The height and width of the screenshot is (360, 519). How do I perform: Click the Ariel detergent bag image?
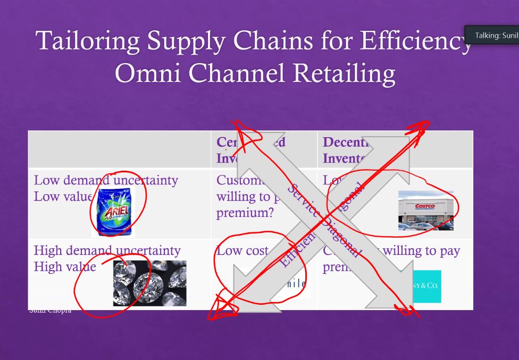(113, 212)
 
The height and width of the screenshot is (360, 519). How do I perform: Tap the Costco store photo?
(425, 211)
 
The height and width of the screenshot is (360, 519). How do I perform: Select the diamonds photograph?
(149, 283)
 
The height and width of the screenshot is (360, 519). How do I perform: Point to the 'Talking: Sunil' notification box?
(491, 35)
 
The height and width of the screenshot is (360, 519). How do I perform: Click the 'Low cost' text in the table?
(242, 250)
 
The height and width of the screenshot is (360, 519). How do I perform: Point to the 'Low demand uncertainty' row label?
(106, 180)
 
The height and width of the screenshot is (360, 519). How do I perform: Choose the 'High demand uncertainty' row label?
(107, 250)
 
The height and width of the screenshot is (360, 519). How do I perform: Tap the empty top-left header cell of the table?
(119, 149)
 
